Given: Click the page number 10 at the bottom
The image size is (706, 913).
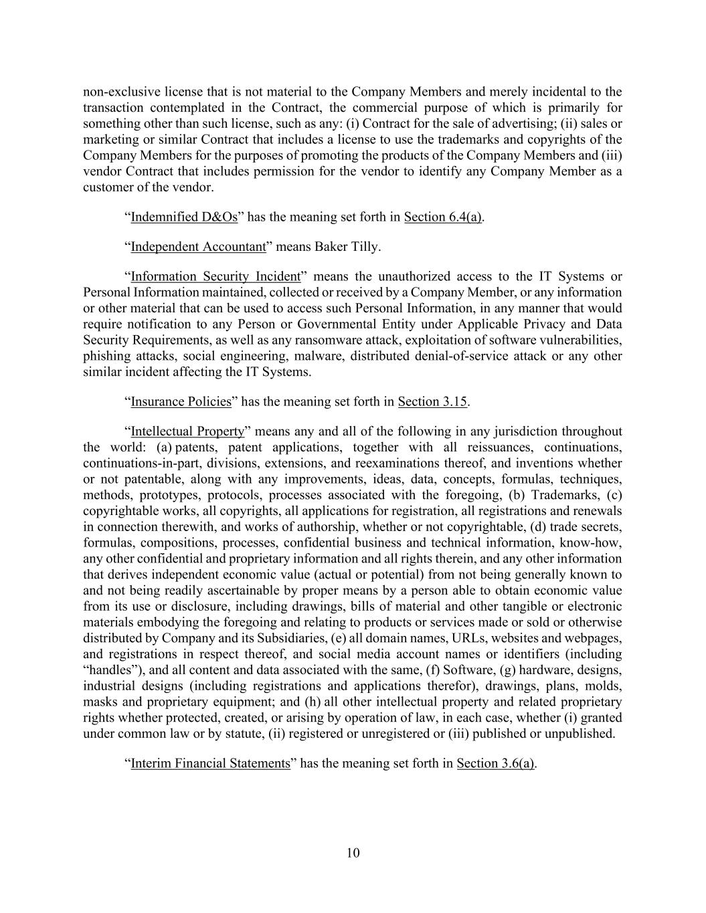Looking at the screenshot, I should pyautogui.click(x=353, y=853).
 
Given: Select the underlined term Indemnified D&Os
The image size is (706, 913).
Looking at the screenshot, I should pyautogui.click(x=184, y=217).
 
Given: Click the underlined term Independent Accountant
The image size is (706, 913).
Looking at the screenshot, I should pyautogui.click(x=198, y=247).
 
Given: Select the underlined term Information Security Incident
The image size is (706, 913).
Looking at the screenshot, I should pyautogui.click(x=215, y=276).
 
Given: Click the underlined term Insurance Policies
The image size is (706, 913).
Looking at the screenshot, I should pyautogui.click(x=181, y=401).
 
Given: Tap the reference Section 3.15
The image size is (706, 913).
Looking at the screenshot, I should pyautogui.click(x=432, y=401).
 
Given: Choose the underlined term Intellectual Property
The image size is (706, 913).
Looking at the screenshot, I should pyautogui.click(x=187, y=431).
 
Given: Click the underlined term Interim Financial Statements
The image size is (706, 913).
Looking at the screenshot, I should pyautogui.click(x=210, y=763).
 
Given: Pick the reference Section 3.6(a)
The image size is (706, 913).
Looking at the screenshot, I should pyautogui.click(x=496, y=763).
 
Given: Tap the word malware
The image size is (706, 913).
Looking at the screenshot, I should pyautogui.click(x=317, y=356).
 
